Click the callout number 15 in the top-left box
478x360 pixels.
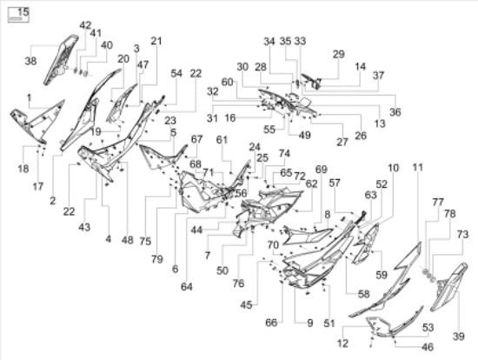point(23,12)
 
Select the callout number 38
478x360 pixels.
point(30,61)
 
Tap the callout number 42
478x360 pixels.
point(85,25)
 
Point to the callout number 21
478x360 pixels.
point(156,41)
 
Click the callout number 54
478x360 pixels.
point(176,74)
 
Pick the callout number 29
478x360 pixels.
point(338,54)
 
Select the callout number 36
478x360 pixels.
point(395,112)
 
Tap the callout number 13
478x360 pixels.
point(380,123)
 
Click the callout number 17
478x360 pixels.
point(38,186)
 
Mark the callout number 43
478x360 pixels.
point(84,227)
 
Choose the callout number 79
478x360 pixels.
point(157,259)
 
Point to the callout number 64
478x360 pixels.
point(187,287)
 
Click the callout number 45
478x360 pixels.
point(246,304)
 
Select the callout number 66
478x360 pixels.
point(271,323)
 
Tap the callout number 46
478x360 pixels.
point(428,347)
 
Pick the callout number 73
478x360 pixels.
point(462,234)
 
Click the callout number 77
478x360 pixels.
point(438,202)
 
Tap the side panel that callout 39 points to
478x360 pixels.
point(448,287)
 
